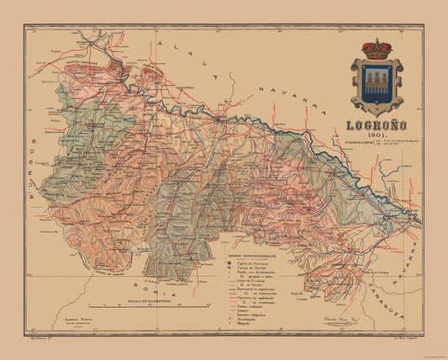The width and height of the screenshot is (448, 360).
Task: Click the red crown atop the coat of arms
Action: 376,49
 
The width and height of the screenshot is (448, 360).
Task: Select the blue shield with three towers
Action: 376,86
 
